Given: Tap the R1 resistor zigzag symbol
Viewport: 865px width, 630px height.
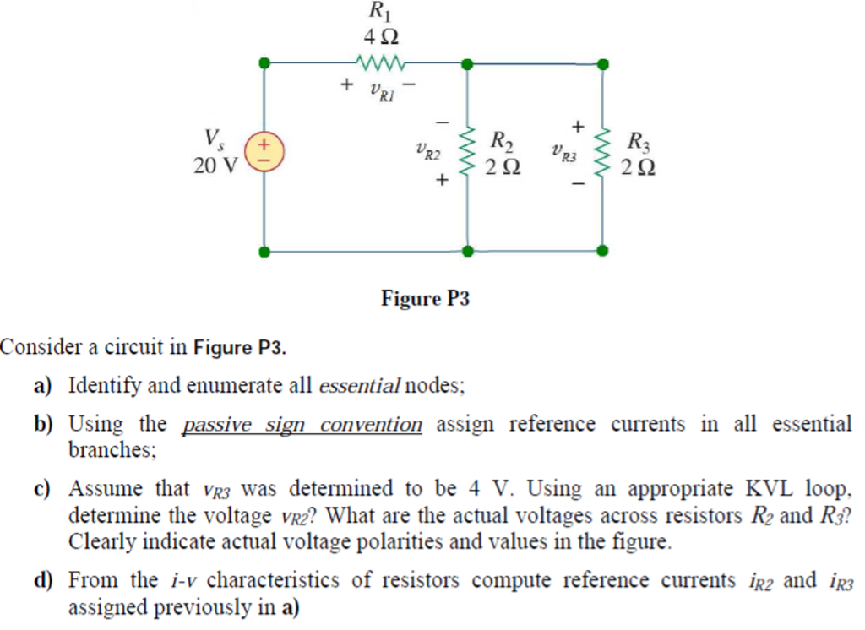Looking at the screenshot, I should [x=382, y=62].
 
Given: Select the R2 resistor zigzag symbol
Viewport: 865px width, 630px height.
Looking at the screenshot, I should [x=465, y=155].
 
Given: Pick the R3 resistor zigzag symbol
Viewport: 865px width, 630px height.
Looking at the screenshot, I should [x=602, y=155].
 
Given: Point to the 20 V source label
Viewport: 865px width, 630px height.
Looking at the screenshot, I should [x=215, y=166].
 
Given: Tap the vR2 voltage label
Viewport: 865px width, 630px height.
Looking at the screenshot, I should [x=428, y=155].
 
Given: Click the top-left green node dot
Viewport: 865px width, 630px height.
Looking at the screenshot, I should [x=264, y=62].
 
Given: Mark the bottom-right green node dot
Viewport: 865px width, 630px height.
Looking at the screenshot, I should [x=601, y=250].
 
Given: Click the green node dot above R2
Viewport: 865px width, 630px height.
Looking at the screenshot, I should [x=465, y=63].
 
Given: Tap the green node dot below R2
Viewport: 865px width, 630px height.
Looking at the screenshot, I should [x=465, y=250].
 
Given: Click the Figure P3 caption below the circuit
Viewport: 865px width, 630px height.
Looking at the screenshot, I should [x=425, y=298].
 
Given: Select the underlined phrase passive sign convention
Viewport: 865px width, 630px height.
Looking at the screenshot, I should [x=302, y=424].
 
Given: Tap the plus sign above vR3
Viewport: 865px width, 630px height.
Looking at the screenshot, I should [x=578, y=126].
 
